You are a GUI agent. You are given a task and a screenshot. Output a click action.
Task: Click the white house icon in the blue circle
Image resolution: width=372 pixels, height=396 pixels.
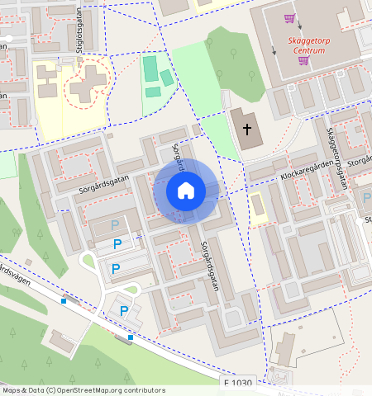[x=186, y=191]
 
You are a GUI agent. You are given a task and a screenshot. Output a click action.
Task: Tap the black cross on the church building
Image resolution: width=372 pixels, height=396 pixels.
[x=246, y=130]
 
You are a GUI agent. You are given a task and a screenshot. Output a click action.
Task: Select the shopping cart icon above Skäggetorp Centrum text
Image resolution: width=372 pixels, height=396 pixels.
[x=289, y=17]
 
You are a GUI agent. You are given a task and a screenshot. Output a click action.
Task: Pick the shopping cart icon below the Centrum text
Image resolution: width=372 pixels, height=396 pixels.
[x=303, y=59]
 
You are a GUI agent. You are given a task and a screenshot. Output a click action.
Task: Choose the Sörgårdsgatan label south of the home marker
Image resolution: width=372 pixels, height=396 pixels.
[x=210, y=265]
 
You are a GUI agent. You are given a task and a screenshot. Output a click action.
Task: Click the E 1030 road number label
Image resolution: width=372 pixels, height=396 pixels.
[x=238, y=384]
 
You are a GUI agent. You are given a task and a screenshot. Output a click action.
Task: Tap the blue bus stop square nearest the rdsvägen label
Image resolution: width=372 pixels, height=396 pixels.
[x=64, y=300]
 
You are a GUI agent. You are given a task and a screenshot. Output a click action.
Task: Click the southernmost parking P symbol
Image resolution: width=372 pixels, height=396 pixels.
[x=124, y=311]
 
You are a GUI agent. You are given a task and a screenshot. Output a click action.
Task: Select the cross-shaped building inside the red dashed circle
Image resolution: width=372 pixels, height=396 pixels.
[x=86, y=83]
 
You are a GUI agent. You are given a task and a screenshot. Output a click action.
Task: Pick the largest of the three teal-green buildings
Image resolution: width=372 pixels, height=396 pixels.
[x=150, y=68]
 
